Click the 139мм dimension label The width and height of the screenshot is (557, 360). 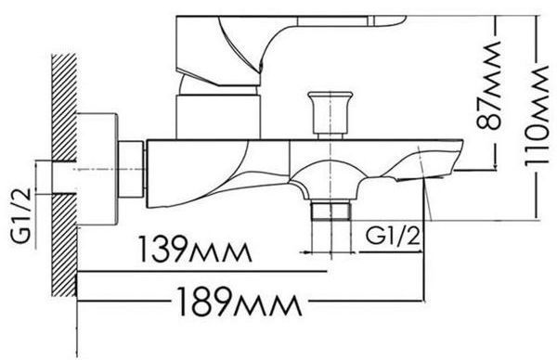pos(195,249)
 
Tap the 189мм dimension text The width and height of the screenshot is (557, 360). pos(240,302)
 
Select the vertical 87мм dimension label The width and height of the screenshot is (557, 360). pos(489,85)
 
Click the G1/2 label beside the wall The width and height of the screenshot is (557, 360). pos(21,216)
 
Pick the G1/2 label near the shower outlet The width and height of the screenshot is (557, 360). pos(393,236)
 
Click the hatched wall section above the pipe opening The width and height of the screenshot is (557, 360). pos(64,108)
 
